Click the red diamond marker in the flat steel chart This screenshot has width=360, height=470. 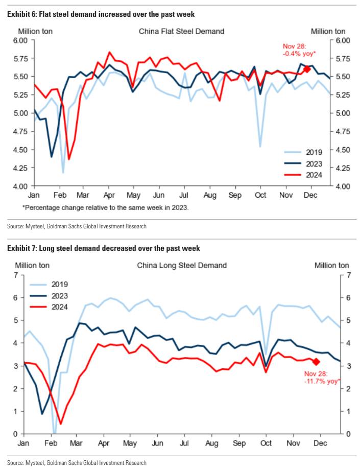pos(307,69)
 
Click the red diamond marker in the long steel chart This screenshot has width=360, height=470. pos(316,362)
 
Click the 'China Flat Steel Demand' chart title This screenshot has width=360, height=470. pos(181,31)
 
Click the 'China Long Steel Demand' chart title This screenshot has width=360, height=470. pos(182,265)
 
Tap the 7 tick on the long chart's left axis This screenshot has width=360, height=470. pos(15,275)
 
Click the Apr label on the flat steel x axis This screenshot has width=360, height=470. pos(108,195)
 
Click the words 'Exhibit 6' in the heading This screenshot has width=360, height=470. pos(21,14)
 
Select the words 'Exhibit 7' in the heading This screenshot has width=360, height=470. pos(21,248)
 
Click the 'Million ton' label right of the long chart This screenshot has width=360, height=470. pos(332,265)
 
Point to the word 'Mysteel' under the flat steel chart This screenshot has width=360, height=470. pos(36,226)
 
